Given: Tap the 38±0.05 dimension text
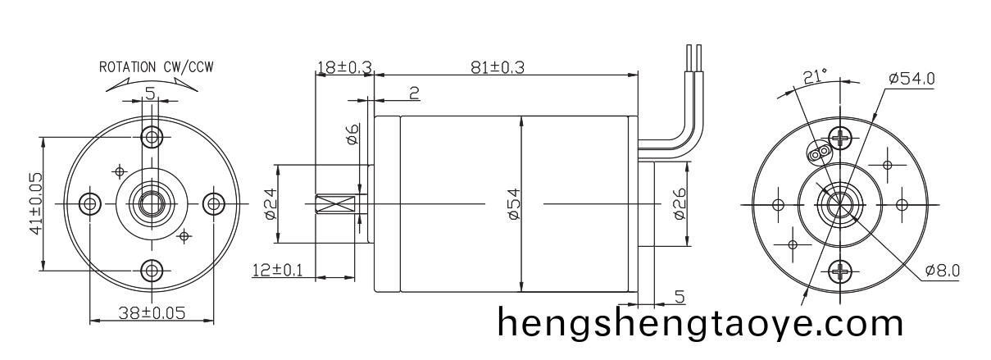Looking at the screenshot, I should point(151,312).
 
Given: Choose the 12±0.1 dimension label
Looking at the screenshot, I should point(276,270).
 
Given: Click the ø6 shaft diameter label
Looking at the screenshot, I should point(352,134).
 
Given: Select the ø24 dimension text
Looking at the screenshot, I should point(269,203).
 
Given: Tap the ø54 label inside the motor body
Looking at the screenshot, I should point(513,203).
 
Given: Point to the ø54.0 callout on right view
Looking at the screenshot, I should point(911,79).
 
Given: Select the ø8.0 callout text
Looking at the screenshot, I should point(942,270).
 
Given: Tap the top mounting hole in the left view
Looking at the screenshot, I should point(151,135).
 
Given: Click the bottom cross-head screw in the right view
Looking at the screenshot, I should point(842,271).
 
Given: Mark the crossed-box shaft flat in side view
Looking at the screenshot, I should point(335,203).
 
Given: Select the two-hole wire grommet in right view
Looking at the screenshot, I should point(817,153).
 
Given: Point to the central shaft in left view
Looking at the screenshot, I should point(151,203).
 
